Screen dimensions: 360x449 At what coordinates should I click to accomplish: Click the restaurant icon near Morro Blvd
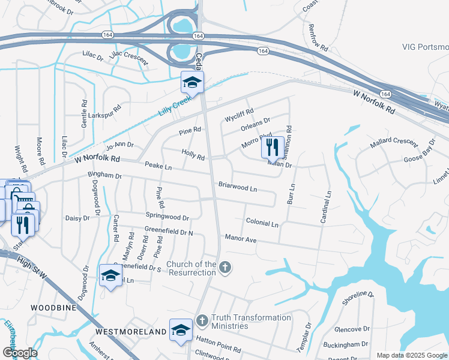point(273,146)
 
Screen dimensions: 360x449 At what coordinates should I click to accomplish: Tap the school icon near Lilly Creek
point(193,82)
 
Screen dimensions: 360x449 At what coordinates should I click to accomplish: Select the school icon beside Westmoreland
point(181,329)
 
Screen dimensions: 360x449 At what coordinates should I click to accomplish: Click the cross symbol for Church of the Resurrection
point(224,267)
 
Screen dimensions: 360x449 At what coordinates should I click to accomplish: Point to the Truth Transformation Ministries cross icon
point(202,321)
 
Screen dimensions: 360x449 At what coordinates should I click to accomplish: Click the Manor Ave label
point(240,239)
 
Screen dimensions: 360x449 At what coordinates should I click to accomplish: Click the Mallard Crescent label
point(394,142)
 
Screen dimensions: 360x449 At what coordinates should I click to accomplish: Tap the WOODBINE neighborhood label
point(53,307)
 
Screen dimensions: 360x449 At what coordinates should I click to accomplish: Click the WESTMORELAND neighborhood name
point(130,332)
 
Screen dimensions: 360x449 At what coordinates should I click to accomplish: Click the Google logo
point(19,353)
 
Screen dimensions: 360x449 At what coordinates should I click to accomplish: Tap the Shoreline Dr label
point(358,298)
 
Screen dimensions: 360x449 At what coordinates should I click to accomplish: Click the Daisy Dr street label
point(77,218)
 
